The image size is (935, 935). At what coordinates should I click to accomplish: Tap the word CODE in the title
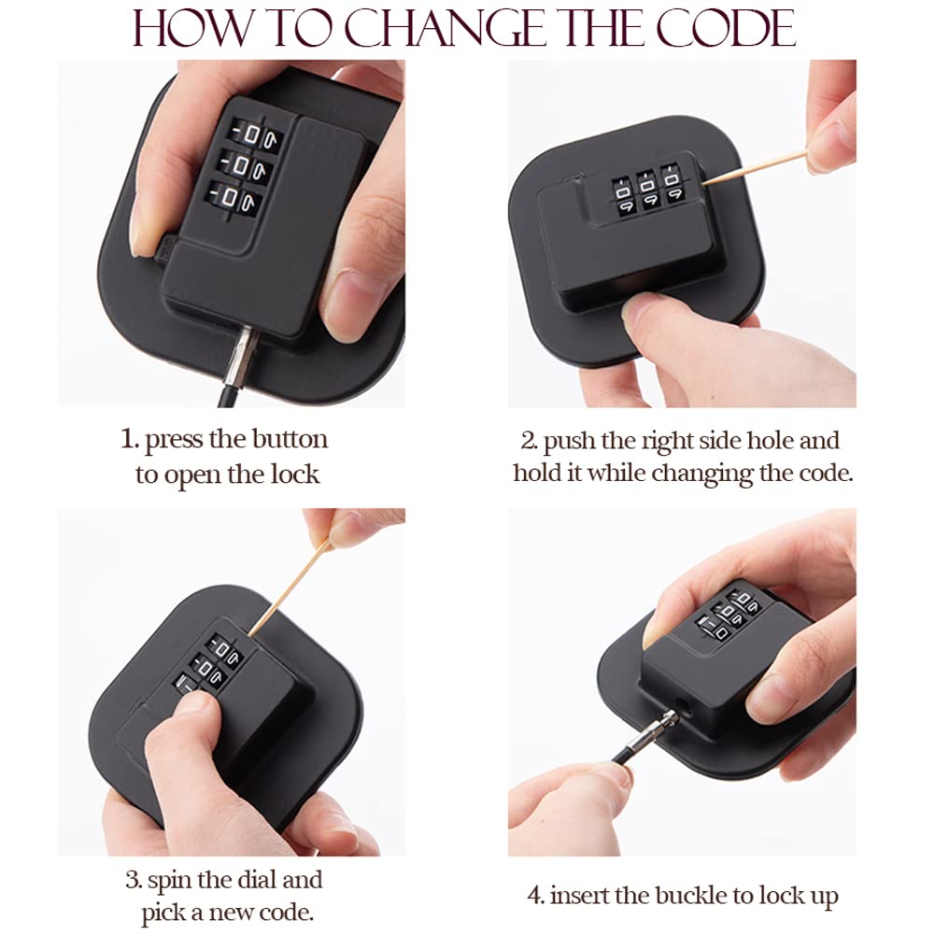point(726,29)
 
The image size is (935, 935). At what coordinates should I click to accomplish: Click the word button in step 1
point(290,439)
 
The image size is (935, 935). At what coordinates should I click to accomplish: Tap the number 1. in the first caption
point(130,439)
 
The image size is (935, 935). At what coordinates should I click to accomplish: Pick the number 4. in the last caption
point(536,896)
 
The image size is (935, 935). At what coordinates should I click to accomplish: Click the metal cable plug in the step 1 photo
point(241,357)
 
